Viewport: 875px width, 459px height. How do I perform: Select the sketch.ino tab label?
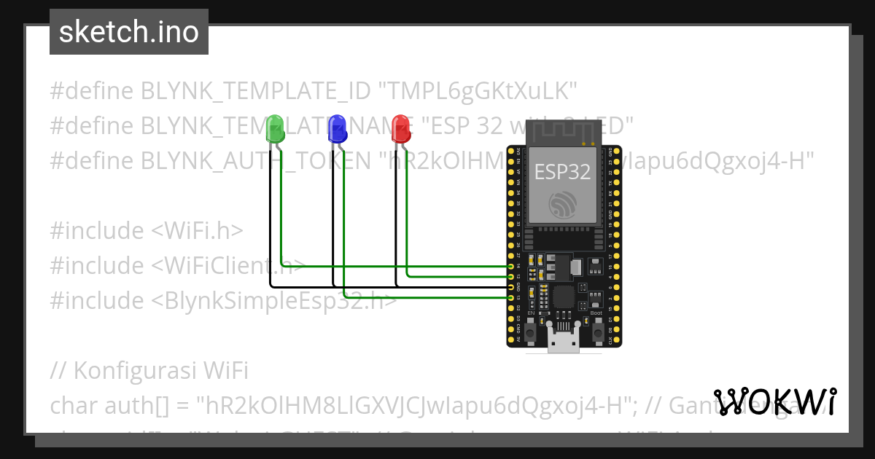click(129, 32)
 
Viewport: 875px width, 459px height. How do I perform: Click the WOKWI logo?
click(775, 401)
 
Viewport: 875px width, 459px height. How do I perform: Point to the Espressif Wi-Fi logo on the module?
click(563, 204)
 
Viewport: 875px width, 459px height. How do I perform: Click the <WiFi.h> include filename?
click(198, 231)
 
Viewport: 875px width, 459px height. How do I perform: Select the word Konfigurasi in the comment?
click(136, 371)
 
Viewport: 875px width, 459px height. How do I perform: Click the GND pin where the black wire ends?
click(510, 287)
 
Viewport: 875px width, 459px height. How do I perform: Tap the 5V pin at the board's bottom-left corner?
click(510, 340)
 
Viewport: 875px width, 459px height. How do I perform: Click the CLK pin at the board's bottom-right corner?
click(610, 340)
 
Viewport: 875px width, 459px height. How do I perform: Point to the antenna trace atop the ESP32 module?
click(562, 131)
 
